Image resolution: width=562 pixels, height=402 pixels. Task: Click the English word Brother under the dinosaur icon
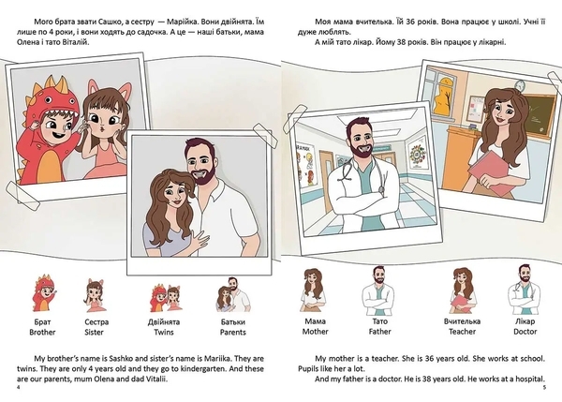coord(42,332)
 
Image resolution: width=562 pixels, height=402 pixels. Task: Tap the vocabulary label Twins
coord(164,332)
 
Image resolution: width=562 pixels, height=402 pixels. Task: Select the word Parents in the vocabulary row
coord(233,332)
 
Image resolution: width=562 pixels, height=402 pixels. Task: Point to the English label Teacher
coord(463,332)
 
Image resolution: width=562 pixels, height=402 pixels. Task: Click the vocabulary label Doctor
coord(525,332)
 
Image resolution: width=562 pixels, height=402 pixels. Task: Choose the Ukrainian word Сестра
coord(96,322)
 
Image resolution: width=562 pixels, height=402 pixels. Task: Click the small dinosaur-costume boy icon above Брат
coord(43,292)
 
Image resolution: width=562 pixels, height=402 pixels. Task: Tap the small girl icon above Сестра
coord(95,295)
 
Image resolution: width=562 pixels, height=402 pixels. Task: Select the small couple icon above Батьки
coord(233,294)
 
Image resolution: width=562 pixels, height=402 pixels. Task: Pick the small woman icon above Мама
coord(314,290)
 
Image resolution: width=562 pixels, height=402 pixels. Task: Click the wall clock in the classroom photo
coord(520,85)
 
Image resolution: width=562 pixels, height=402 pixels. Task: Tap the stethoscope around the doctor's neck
coord(362,171)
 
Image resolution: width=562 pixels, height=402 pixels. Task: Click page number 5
coord(544,387)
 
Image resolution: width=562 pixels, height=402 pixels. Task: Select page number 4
coord(19,388)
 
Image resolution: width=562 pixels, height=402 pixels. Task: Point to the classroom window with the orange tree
coord(443,94)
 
